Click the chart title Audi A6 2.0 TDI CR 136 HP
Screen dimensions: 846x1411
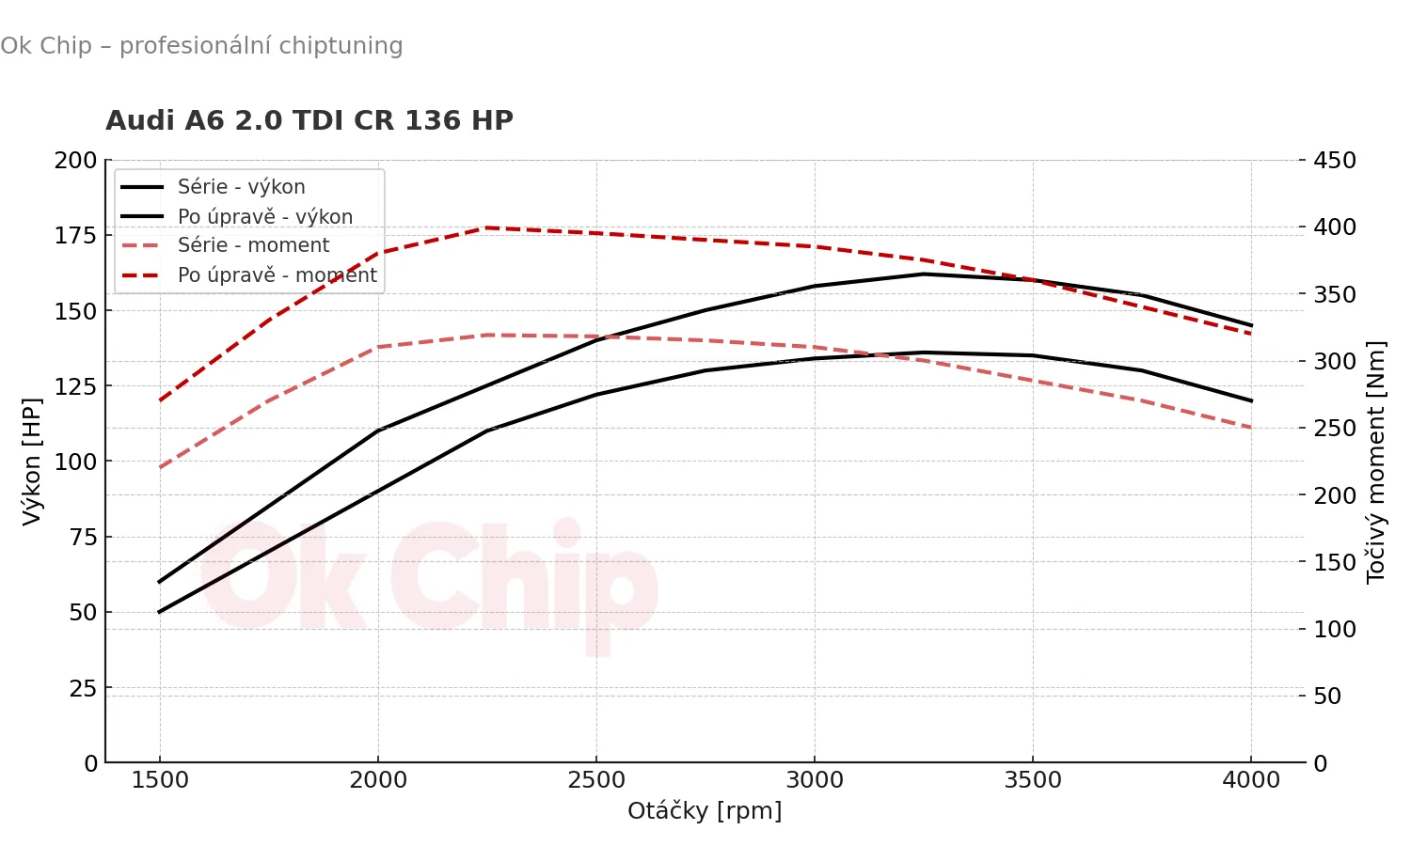click(x=309, y=120)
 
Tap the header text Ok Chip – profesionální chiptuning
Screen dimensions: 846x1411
click(x=201, y=45)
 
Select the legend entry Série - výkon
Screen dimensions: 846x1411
click(x=241, y=187)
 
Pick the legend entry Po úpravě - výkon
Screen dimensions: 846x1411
click(x=265, y=216)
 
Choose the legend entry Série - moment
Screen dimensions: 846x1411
click(x=253, y=245)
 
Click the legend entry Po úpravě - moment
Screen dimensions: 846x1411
click(x=277, y=275)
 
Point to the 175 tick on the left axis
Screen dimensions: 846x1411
click(x=75, y=235)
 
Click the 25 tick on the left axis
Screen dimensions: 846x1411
click(x=83, y=688)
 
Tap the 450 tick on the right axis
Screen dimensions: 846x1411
click(x=1335, y=160)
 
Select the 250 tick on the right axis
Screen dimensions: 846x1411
click(x=1335, y=428)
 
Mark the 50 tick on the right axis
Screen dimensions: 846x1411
click(x=1327, y=696)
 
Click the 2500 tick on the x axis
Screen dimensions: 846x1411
click(x=596, y=780)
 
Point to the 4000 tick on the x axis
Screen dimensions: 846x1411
click(x=1251, y=780)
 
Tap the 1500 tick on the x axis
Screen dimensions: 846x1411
click(x=160, y=780)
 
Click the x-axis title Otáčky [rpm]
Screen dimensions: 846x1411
click(x=705, y=810)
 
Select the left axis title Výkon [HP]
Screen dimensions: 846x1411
click(x=32, y=461)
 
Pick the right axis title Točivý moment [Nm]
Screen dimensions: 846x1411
click(x=1375, y=461)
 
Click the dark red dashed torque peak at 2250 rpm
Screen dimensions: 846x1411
click(x=487, y=227)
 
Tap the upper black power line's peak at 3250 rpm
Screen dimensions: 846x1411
click(x=924, y=274)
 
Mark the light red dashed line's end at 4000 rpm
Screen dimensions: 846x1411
click(x=1251, y=428)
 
